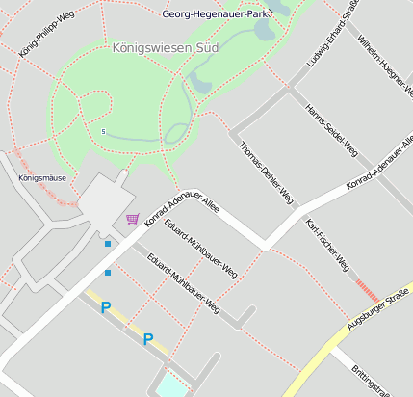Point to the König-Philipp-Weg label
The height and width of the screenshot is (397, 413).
pos(45,34)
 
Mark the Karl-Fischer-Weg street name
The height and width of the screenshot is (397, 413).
pos(326,245)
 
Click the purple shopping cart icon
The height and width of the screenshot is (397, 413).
pos(132,220)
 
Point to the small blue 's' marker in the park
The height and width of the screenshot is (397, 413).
pos(103,131)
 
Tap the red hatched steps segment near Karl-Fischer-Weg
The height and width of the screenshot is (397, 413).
pos(367,289)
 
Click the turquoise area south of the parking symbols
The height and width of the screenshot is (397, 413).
pos(169,384)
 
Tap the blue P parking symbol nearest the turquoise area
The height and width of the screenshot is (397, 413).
pos(148,339)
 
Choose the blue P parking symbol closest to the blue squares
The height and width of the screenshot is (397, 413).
pos(106,307)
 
